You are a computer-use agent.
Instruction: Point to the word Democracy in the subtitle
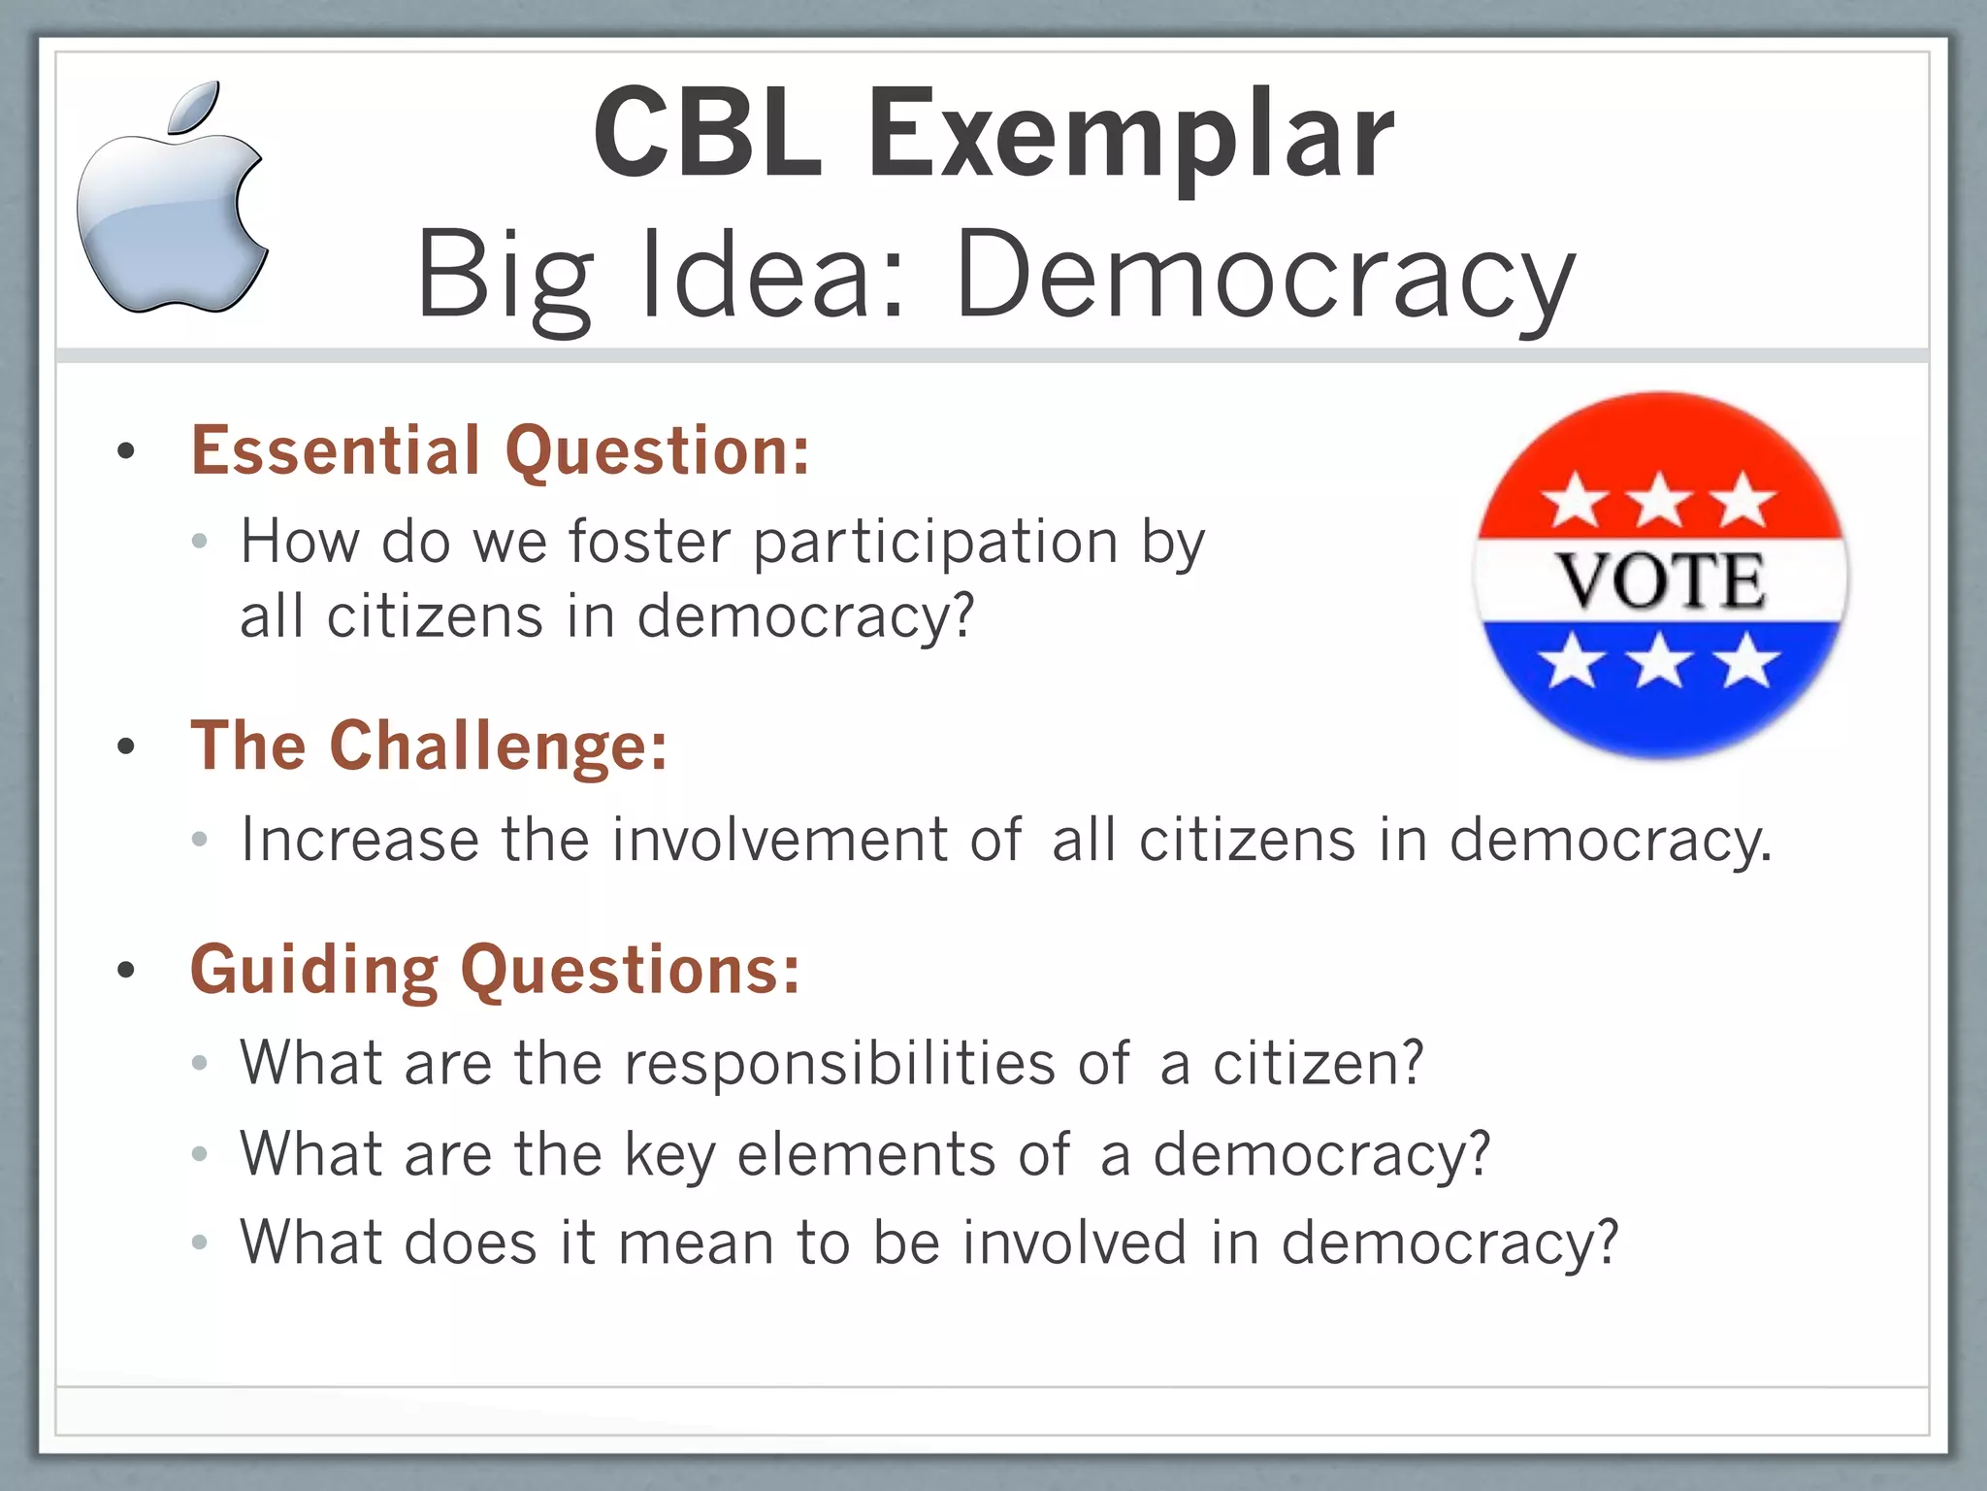click(1265, 277)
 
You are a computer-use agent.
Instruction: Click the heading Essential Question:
click(500, 451)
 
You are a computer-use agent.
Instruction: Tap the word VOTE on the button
click(1661, 581)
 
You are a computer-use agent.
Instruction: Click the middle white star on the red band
click(1660, 501)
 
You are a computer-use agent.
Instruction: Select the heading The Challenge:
click(429, 745)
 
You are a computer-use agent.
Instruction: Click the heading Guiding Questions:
click(495, 970)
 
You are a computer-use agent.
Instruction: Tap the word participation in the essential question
click(936, 542)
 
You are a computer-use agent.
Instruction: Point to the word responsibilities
click(839, 1063)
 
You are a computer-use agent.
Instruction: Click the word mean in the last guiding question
click(695, 1242)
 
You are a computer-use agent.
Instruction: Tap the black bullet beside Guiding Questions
click(125, 970)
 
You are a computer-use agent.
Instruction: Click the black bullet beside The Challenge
click(125, 746)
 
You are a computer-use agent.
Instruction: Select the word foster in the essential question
click(649, 541)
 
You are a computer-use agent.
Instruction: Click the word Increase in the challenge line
click(359, 839)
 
